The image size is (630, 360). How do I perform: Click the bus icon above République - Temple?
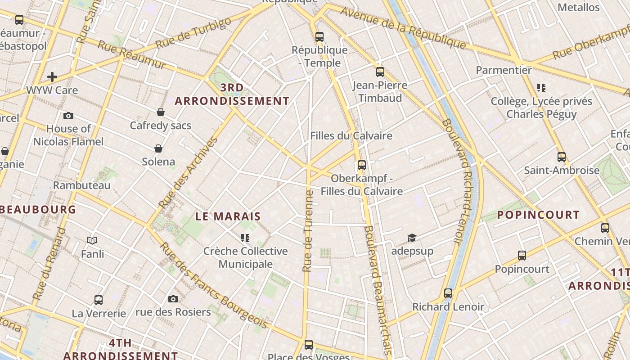319,37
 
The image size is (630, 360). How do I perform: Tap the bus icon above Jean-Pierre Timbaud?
380,72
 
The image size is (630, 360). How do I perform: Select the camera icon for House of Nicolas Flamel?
68,116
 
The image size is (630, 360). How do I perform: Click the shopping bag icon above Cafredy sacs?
161,112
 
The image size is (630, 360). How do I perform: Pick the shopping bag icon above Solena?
158,148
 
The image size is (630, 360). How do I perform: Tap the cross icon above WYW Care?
52,77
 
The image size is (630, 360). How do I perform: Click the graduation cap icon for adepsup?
412,238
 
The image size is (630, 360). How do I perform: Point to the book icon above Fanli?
92,241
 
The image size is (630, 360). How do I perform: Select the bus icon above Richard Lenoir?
448,293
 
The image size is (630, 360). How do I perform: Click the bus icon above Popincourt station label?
522,256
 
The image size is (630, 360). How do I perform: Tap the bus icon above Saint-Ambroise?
562,157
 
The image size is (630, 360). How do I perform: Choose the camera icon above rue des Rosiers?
173,299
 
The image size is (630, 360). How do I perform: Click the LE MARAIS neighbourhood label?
228,216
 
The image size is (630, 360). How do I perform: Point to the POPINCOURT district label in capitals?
538,215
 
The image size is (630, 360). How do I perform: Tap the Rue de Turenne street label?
308,231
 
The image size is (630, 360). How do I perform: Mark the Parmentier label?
504,70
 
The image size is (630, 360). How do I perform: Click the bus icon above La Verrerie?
99,300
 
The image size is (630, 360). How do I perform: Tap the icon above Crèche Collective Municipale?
245,238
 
